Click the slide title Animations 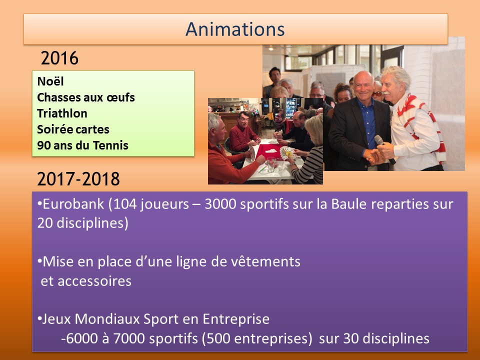(x=235, y=29)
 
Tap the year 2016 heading (x=59, y=58)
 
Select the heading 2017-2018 (x=78, y=179)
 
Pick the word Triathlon (x=62, y=113)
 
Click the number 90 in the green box (x=44, y=145)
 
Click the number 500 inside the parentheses (x=218, y=338)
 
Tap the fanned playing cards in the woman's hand (x=288, y=152)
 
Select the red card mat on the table (x=269, y=151)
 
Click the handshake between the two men (x=374, y=156)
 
